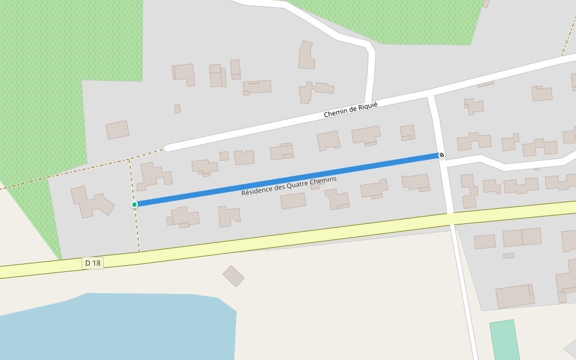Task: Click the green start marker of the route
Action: [134, 205]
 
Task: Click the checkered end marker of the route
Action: [442, 155]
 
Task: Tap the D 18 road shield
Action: [92, 263]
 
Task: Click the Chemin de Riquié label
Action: [350, 110]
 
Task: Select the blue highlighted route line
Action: [288, 180]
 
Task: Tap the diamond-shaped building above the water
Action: [233, 276]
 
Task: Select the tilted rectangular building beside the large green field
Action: [118, 130]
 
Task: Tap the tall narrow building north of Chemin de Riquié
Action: [307, 55]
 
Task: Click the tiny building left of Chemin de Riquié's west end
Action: [178, 109]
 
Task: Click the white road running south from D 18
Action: [465, 288]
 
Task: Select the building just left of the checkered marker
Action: [407, 133]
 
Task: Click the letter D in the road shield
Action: [88, 263]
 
